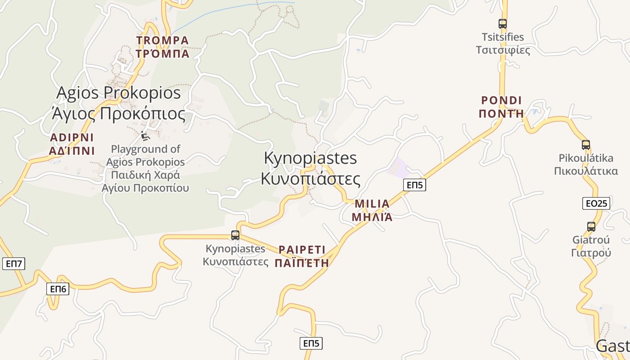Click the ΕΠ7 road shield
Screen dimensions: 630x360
point(13,263)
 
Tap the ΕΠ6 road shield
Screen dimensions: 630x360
point(58,289)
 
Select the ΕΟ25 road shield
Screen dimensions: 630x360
point(596,203)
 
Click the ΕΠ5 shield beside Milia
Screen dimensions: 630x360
point(414,184)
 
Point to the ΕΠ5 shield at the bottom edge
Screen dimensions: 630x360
point(311,343)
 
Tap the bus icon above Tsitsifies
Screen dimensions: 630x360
point(503,24)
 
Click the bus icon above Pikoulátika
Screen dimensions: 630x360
point(585,145)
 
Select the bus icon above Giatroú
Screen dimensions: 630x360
point(591,227)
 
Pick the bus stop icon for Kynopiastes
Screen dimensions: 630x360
point(235,235)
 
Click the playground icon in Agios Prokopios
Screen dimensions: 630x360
point(144,135)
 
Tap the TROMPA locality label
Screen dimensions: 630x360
point(162,47)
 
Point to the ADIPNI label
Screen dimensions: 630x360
point(72,144)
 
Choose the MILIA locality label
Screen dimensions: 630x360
point(372,210)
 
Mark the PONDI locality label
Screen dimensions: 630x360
point(501,107)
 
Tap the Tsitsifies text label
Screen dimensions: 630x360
point(503,43)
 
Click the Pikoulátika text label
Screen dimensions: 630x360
point(586,164)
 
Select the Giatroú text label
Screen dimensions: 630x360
point(591,246)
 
